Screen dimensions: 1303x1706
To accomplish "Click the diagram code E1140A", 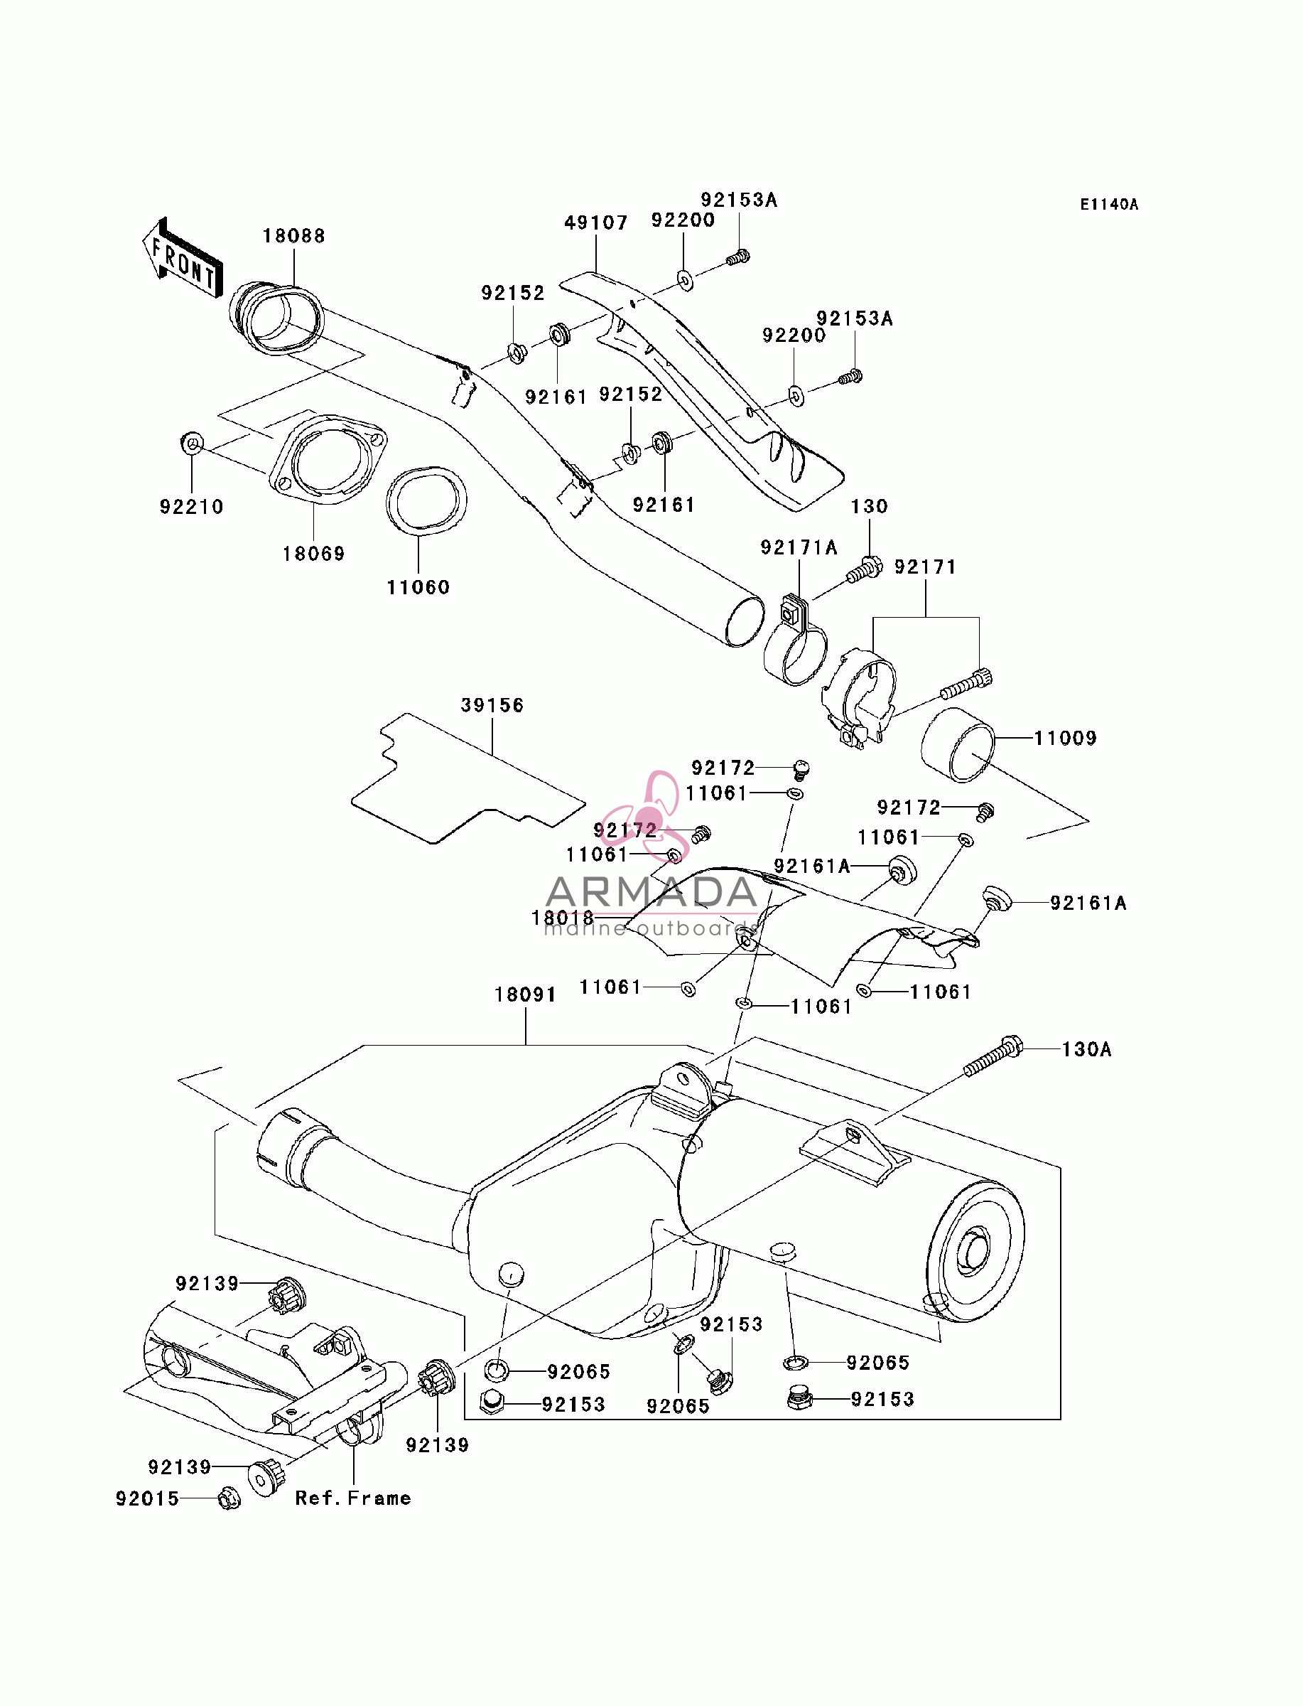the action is click(1109, 204).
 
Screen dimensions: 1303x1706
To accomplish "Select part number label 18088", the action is click(294, 236).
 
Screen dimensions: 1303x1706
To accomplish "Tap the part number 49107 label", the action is click(595, 222).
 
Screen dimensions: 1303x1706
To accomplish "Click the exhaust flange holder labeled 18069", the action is click(328, 460).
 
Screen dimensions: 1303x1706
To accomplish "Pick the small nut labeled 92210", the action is click(192, 444).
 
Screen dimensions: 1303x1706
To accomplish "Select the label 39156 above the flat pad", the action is click(492, 705).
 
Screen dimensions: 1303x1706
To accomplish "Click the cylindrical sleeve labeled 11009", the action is click(958, 745).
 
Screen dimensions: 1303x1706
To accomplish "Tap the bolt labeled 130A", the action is click(993, 1056).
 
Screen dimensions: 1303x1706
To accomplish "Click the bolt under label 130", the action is click(864, 570).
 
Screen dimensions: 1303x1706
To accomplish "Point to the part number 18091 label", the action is click(526, 994).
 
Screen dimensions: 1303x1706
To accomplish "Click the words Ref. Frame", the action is click(353, 1498).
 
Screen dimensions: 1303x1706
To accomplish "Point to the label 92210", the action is click(192, 507).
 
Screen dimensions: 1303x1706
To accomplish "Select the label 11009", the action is click(1066, 738).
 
